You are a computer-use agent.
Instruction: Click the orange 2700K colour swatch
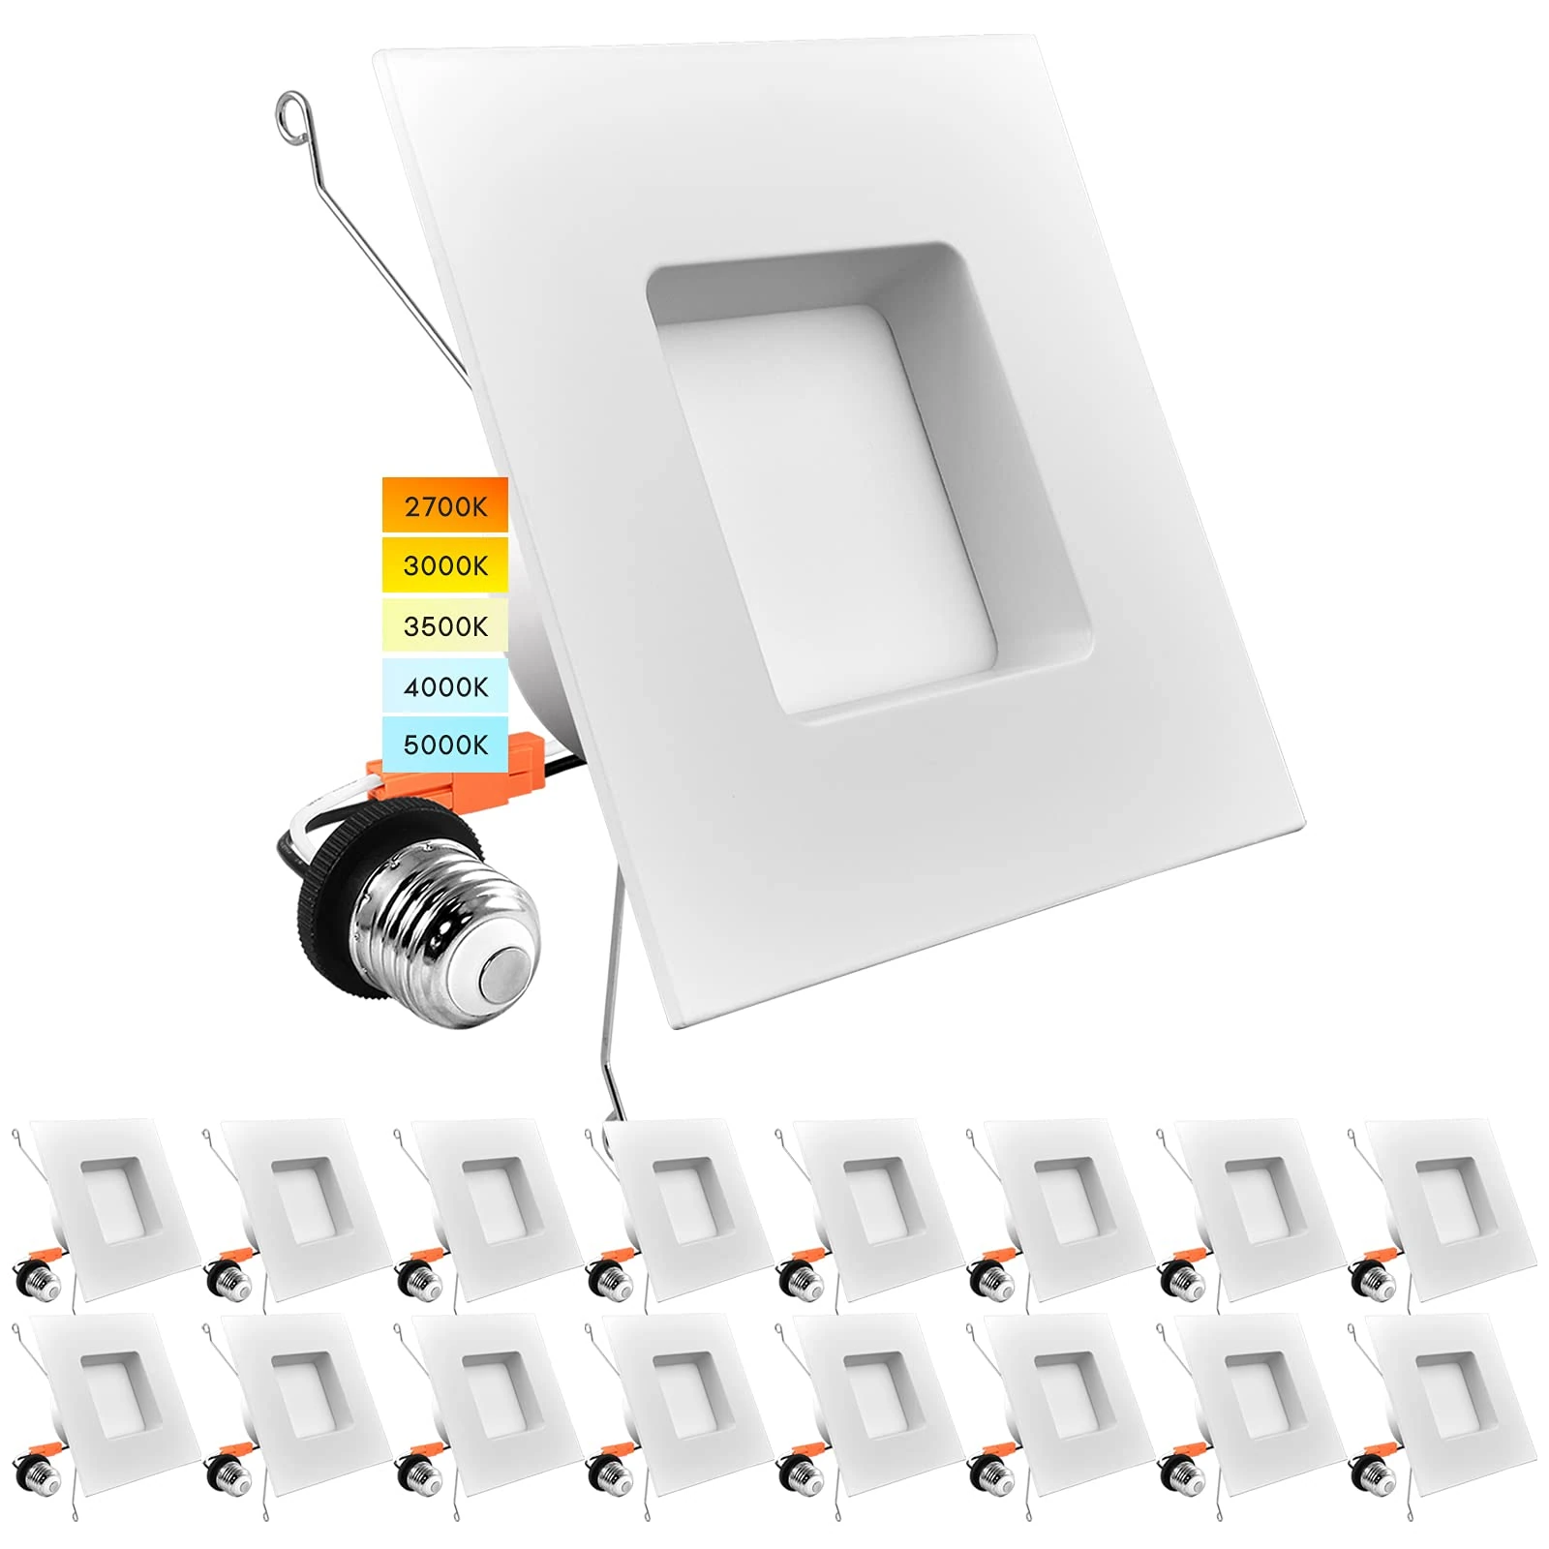pyautogui.click(x=444, y=504)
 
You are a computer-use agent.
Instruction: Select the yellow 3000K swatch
pyautogui.click(x=444, y=564)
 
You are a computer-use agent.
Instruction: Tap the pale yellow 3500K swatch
pyautogui.click(x=444, y=625)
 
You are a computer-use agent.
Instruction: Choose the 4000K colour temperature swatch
pyautogui.click(x=444, y=686)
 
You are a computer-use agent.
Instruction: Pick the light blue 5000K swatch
pyautogui.click(x=444, y=744)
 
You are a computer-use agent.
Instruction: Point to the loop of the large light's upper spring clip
pyautogui.click(x=291, y=107)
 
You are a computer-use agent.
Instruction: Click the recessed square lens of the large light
pyautogui.click(x=833, y=494)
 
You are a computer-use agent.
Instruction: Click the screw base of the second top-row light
pyautogui.click(x=230, y=1282)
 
